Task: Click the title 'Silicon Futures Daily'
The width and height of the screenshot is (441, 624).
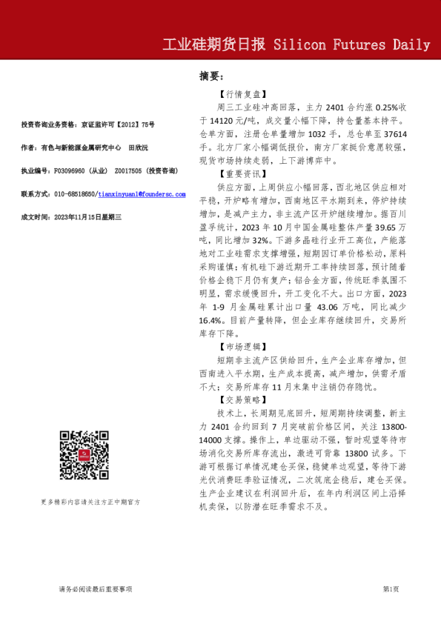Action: (352, 44)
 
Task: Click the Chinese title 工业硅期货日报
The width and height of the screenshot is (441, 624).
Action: (214, 44)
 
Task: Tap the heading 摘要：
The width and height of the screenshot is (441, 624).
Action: (211, 76)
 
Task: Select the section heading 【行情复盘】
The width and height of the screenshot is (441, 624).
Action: (242, 95)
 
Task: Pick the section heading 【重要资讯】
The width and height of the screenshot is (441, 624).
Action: (242, 173)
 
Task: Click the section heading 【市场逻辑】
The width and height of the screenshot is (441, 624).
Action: (242, 346)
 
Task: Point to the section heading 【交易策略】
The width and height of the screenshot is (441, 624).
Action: (242, 399)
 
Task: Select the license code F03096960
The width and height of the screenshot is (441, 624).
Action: (73, 171)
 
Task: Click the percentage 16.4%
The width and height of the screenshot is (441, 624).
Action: (215, 321)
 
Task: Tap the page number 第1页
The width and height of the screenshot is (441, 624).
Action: (391, 588)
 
